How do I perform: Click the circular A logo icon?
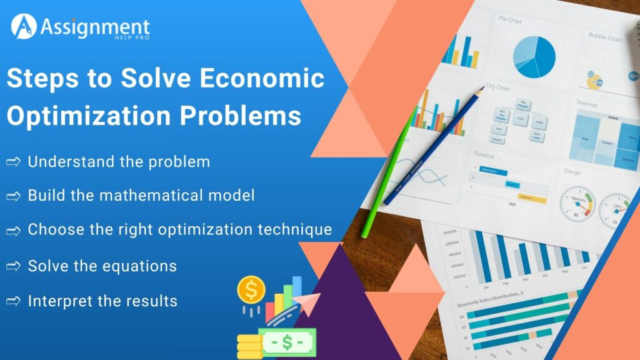[x=23, y=27]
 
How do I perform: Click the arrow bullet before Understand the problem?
[x=14, y=162]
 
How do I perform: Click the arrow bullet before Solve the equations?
[x=14, y=267]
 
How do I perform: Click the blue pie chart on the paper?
[x=534, y=56]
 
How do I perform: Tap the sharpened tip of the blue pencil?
[x=481, y=89]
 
